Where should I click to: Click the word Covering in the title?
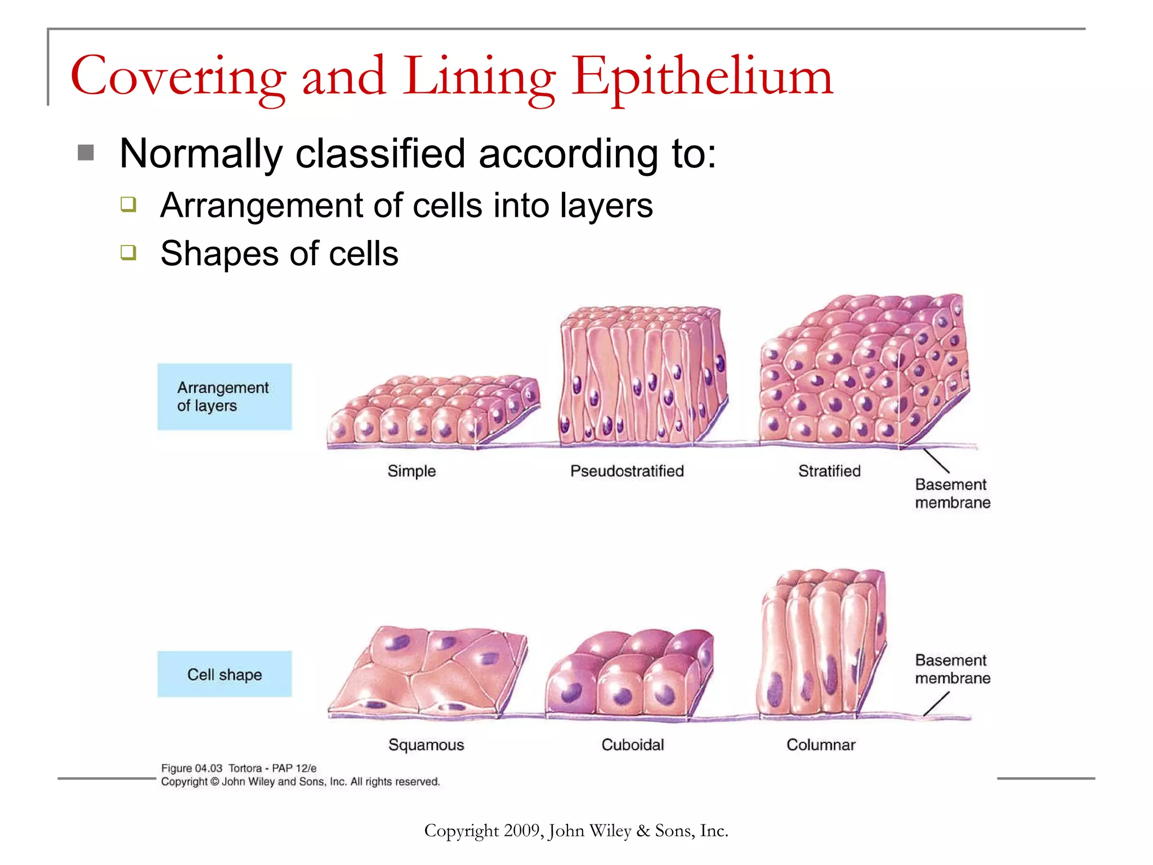click(x=178, y=78)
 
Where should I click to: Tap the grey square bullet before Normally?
click(x=86, y=153)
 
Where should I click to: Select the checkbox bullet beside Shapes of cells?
click(x=128, y=252)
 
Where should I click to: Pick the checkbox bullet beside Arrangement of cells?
click(x=128, y=204)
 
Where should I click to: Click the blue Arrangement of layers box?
click(x=224, y=396)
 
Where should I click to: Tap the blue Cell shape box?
click(x=224, y=674)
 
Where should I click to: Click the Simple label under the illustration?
click(x=412, y=471)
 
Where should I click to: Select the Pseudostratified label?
click(x=627, y=471)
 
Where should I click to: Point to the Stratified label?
click(x=829, y=471)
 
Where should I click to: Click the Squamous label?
click(x=426, y=744)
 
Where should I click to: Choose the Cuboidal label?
click(x=633, y=744)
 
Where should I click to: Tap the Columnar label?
click(x=821, y=744)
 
